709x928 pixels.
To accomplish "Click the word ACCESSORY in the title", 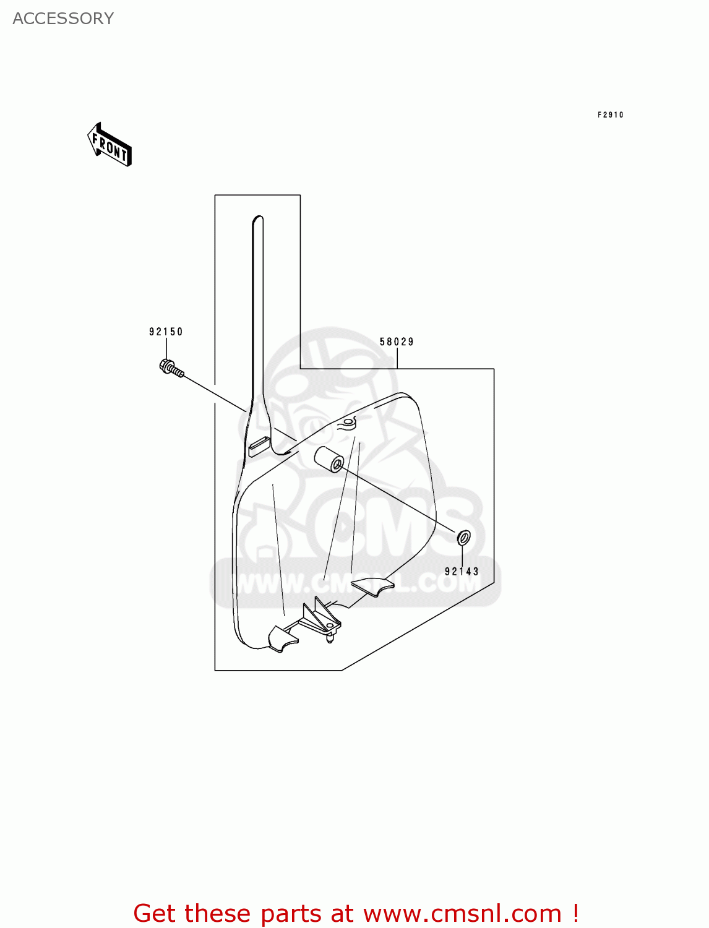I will pos(63,19).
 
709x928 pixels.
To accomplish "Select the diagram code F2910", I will pos(610,114).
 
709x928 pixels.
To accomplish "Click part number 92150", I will pos(166,332).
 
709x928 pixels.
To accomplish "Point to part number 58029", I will pos(397,342).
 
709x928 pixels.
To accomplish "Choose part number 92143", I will pos(462,572).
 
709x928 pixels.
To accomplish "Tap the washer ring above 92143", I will pos(463,538).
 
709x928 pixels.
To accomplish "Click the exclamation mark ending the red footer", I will pos(575,913).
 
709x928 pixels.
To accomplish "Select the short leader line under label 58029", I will pos(397,358).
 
